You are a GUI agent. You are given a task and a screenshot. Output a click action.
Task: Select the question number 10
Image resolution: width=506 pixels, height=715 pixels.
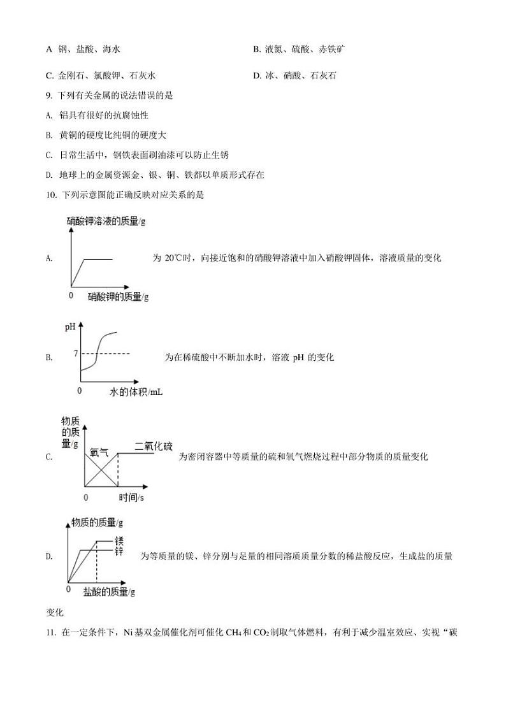pos(51,195)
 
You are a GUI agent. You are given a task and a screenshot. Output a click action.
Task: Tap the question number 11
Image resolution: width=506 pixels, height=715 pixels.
pos(51,633)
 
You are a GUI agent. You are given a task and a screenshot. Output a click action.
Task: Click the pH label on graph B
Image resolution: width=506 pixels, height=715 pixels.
pos(70,328)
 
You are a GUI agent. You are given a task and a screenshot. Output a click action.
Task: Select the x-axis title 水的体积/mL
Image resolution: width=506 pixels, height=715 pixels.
pos(136,392)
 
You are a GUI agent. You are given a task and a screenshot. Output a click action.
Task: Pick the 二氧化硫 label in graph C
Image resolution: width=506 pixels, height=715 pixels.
pos(153,446)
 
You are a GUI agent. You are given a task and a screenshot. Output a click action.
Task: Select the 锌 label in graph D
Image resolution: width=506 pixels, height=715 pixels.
pos(119,550)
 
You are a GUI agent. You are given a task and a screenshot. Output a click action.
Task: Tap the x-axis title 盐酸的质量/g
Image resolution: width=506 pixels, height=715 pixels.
pos(109,591)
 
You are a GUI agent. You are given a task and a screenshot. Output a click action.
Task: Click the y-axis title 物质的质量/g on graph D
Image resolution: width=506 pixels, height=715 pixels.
pos(98,523)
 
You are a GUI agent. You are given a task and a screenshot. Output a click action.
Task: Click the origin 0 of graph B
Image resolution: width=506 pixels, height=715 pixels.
pos(80,389)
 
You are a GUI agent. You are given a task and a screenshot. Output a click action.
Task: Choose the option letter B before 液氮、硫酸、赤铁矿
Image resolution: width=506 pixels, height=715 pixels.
pos(256,49)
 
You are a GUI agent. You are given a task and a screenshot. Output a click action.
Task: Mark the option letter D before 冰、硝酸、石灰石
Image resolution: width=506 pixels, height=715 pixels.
pos(256,76)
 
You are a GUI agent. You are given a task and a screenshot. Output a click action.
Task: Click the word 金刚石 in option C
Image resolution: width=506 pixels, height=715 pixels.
pos(69,76)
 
